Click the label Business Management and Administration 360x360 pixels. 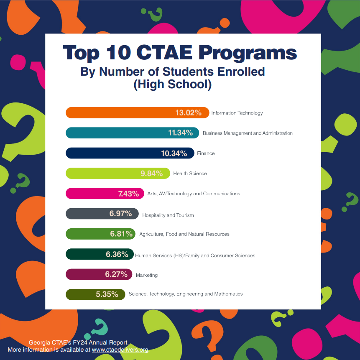248,133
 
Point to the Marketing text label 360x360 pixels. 147,275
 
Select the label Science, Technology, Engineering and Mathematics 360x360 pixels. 186,294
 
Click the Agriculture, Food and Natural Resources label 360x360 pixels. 184,234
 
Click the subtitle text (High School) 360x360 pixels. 172,84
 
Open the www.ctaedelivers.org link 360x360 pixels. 120,350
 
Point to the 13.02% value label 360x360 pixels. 188,113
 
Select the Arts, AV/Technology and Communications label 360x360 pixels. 194,194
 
